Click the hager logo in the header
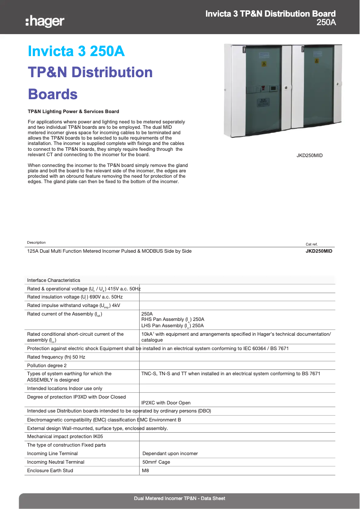(x=45, y=21)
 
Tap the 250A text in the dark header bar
(x=326, y=22)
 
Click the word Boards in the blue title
(x=53, y=94)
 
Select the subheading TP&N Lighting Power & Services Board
(x=73, y=111)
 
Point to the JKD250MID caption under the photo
(x=309, y=155)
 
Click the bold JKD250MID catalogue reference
(x=319, y=251)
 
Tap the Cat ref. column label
(x=312, y=244)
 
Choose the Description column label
(x=36, y=242)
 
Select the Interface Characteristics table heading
(x=53, y=280)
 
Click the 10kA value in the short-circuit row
(x=147, y=334)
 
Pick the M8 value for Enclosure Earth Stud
(x=145, y=470)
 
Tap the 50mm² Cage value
(x=156, y=462)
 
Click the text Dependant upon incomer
(x=170, y=453)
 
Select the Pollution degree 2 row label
(x=47, y=365)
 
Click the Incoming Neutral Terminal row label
(x=56, y=462)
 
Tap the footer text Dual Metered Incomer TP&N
(x=180, y=498)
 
